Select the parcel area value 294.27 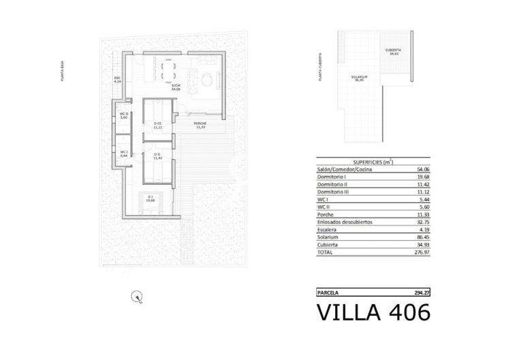[x=422, y=292]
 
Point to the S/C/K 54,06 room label [x=175, y=87]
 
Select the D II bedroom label [x=157, y=155]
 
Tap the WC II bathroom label [x=124, y=115]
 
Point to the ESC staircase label [x=117, y=80]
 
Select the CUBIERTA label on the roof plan [x=393, y=52]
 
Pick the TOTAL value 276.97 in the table [x=422, y=252]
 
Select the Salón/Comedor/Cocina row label [x=345, y=170]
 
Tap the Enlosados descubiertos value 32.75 [x=423, y=222]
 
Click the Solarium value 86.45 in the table [x=423, y=237]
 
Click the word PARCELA [x=329, y=292]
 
